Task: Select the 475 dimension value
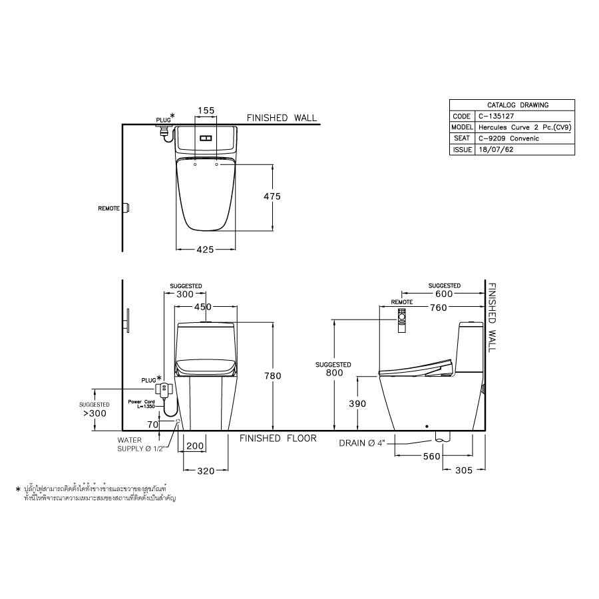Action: tap(272, 196)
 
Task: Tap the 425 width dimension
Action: tap(205, 250)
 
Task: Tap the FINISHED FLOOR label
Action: tap(278, 439)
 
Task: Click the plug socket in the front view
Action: tap(163, 388)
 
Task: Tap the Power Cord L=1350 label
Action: tap(142, 404)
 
